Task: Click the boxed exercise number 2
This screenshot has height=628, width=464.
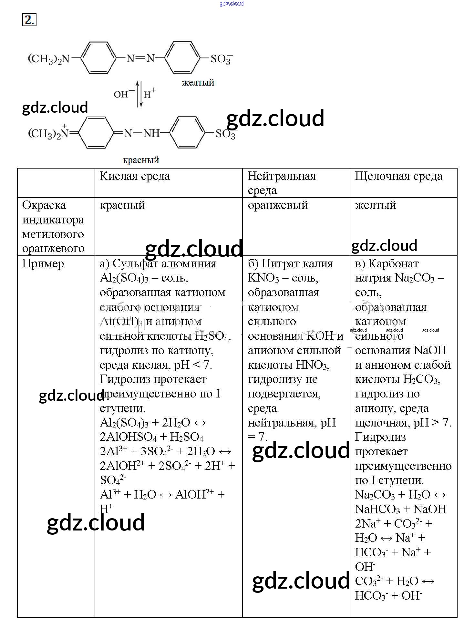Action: coord(29,20)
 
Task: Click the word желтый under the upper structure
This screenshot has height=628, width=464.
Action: coord(198,83)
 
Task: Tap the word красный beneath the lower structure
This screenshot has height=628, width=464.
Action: coord(141,160)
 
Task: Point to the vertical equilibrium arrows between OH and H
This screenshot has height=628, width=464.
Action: coord(139,94)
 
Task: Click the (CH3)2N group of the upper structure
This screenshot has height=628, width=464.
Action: coord(49,59)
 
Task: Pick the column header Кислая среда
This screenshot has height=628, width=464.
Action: coord(135,176)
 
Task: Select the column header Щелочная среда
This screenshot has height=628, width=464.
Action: coord(398,176)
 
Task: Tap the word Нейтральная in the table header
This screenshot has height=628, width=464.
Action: coord(282,176)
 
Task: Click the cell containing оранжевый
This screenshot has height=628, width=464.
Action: coord(278,205)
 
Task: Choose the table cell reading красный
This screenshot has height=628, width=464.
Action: coord(122,205)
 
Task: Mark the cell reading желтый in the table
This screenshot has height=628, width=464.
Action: coord(375,205)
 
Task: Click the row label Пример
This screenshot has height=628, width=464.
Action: coord(43,264)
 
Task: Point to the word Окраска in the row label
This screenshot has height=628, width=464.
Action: coord(44,205)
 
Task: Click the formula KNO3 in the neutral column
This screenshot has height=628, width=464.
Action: coord(263,278)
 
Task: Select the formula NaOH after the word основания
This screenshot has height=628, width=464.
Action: coord(430,351)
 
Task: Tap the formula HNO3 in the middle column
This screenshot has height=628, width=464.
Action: coord(312,365)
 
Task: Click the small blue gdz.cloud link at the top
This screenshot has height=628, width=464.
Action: coord(232,4)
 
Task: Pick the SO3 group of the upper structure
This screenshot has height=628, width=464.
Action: coord(221,59)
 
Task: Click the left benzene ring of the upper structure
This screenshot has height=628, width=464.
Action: coord(98,58)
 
